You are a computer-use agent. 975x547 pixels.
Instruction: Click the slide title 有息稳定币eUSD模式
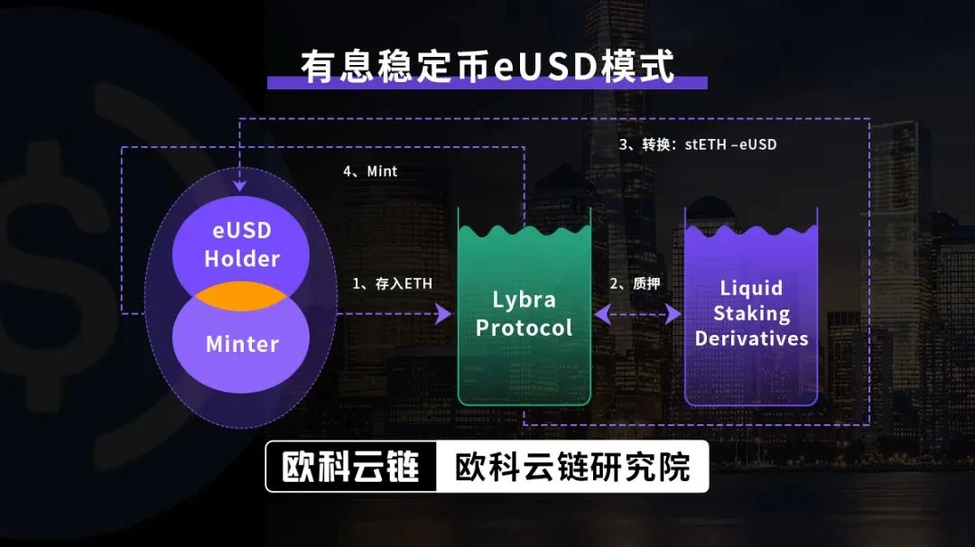point(487,66)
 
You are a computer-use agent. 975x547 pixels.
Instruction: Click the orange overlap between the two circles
point(241,296)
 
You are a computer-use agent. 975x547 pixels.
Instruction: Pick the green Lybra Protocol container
point(525,307)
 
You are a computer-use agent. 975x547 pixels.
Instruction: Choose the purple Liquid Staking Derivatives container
point(751,307)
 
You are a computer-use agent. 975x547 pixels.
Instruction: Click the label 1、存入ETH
point(392,284)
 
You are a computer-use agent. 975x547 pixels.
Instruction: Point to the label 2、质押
point(635,284)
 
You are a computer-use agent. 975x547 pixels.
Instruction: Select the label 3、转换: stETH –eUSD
point(698,144)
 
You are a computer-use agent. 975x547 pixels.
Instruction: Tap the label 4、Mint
point(370,172)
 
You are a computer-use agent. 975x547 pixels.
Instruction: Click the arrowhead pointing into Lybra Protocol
point(444,314)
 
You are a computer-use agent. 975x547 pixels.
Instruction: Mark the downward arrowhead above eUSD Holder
point(239,186)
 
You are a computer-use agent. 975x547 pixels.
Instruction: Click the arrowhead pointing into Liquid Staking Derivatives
point(673,314)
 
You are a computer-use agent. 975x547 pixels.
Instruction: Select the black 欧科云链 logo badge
point(351,467)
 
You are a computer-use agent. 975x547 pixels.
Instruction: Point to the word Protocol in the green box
point(524,328)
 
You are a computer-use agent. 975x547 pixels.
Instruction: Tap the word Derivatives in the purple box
point(751,338)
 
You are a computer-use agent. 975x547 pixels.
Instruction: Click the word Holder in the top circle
point(242,258)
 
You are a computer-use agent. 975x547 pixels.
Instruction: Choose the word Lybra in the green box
point(524,301)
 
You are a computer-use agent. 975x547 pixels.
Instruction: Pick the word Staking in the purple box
point(751,314)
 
